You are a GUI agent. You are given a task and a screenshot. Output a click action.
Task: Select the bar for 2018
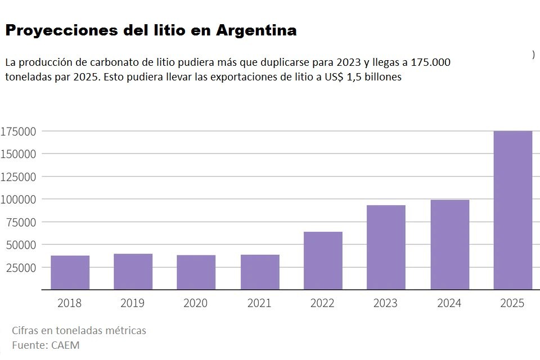pos(70,273)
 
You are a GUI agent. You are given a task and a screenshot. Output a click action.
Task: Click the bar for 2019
pos(133,272)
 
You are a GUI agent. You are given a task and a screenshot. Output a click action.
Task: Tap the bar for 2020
pos(196,272)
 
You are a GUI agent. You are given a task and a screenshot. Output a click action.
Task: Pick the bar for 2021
pos(260,272)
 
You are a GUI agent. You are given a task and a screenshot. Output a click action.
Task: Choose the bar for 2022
pos(323,261)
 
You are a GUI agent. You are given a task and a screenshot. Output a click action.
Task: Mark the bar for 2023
pos(386,247)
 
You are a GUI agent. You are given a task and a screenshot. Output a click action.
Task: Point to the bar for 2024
pos(449,245)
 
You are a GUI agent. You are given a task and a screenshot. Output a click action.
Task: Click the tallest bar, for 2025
pos(512,210)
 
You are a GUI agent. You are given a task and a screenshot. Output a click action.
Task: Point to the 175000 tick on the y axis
pos(19,131)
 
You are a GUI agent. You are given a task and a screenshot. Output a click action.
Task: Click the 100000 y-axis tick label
pos(19,199)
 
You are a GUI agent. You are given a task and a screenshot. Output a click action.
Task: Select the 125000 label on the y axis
pos(19,177)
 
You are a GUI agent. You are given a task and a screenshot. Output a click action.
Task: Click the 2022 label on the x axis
pos(322,303)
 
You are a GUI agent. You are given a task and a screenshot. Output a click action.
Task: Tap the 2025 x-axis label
pos(512,303)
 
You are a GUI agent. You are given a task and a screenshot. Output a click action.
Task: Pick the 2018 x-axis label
pos(69,303)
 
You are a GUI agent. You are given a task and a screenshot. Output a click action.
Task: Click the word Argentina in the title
pos(256,30)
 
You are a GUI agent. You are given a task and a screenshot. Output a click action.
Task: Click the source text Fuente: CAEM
pos(46,345)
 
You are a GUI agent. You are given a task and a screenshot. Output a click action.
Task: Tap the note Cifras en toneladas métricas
pos(79,330)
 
